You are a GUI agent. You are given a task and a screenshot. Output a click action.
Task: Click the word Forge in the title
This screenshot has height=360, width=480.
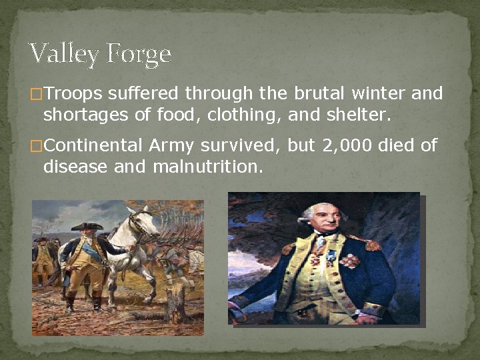click(x=137, y=53)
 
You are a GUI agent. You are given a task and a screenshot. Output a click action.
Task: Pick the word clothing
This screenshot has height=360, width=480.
click(x=245, y=115)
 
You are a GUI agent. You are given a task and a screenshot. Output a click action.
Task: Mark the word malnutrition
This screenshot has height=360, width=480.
click(x=208, y=167)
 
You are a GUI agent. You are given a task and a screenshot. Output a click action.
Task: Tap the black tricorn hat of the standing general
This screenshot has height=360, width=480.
click(x=87, y=226)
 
